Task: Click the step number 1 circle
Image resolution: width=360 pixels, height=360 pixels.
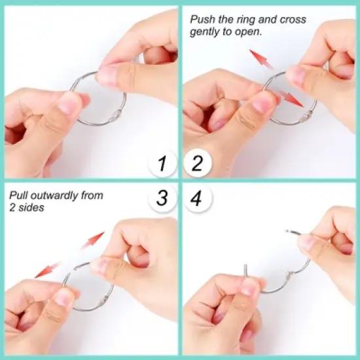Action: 162,163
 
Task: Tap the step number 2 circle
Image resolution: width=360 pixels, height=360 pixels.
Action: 197,163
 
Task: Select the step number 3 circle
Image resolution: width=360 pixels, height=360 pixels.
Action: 162,198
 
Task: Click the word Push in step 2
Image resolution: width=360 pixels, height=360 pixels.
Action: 202,20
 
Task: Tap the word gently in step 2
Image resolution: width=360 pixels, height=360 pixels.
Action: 205,31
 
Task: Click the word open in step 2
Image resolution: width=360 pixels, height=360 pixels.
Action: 249,31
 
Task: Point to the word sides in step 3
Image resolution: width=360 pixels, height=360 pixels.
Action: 32,207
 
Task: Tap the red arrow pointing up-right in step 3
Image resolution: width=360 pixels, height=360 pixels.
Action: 93,240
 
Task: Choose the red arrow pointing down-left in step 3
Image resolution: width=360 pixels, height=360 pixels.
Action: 47,269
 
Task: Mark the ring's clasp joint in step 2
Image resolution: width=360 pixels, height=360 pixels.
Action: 304,118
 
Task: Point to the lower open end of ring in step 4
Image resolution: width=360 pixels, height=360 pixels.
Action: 246,268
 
